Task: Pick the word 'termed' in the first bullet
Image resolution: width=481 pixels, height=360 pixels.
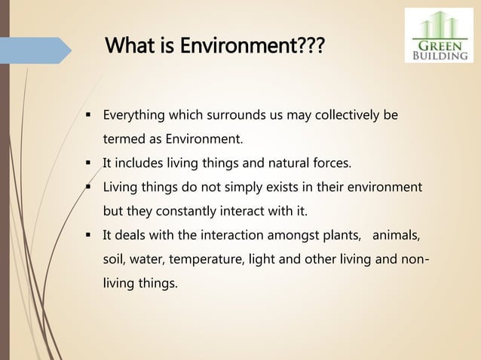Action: click(122, 139)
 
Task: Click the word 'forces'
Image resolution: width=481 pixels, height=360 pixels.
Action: click(309, 163)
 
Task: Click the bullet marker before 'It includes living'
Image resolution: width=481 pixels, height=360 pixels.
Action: click(88, 163)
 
